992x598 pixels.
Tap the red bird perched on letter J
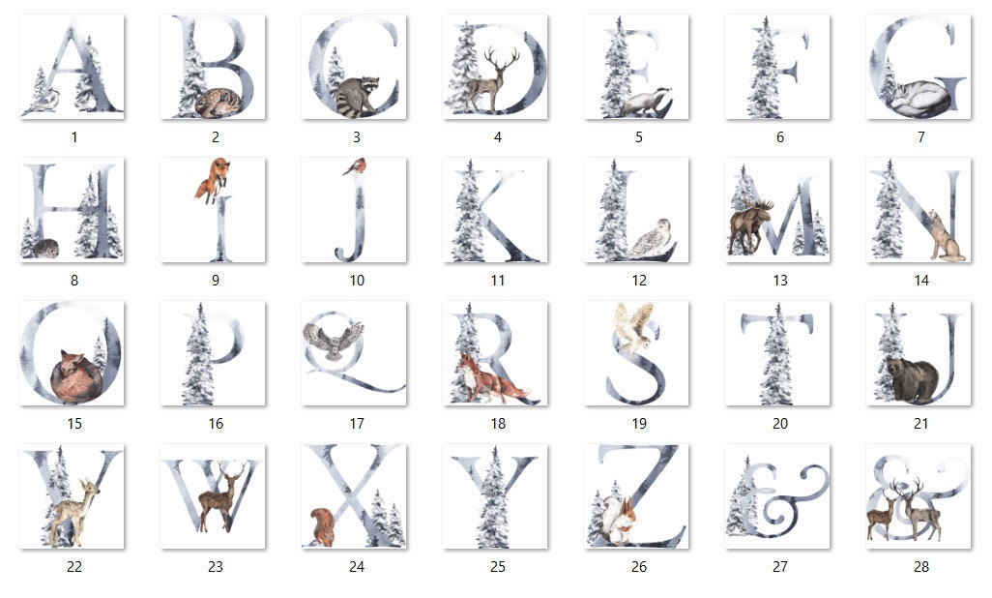[354, 165]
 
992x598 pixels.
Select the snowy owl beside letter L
[650, 239]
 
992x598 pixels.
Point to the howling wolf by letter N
[945, 238]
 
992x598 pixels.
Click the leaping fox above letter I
[212, 180]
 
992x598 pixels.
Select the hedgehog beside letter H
[44, 249]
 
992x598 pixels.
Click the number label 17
[357, 423]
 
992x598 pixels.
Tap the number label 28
[921, 566]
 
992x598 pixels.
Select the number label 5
[639, 136]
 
